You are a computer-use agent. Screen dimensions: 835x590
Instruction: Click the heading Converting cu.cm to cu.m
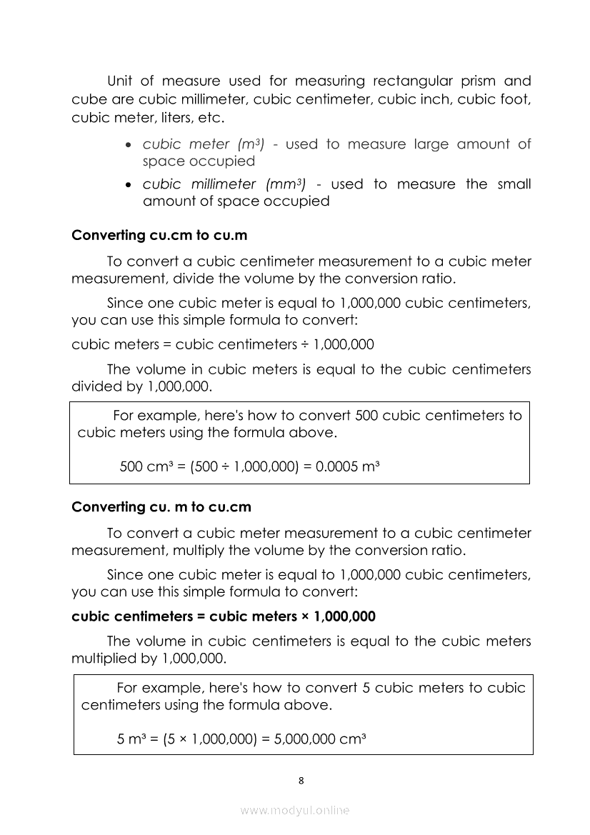pyautogui.click(x=159, y=235)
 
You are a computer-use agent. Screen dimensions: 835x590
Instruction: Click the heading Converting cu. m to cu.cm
pyautogui.click(x=161, y=506)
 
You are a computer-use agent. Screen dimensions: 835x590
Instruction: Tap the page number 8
pyautogui.click(x=301, y=780)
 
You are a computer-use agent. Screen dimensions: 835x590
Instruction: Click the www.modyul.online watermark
pyautogui.click(x=295, y=810)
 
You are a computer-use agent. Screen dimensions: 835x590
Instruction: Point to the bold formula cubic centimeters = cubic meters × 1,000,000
pyautogui.click(x=224, y=616)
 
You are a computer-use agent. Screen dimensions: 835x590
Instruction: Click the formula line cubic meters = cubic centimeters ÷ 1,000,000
pyautogui.click(x=223, y=344)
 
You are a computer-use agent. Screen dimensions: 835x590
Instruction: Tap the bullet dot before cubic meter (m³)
pyautogui.click(x=127, y=145)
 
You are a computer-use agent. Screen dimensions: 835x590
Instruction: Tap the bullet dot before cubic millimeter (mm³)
pyautogui.click(x=127, y=185)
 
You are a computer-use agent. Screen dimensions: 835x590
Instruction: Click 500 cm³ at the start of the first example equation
pyautogui.click(x=145, y=467)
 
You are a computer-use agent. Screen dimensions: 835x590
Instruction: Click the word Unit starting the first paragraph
pyautogui.click(x=121, y=81)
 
